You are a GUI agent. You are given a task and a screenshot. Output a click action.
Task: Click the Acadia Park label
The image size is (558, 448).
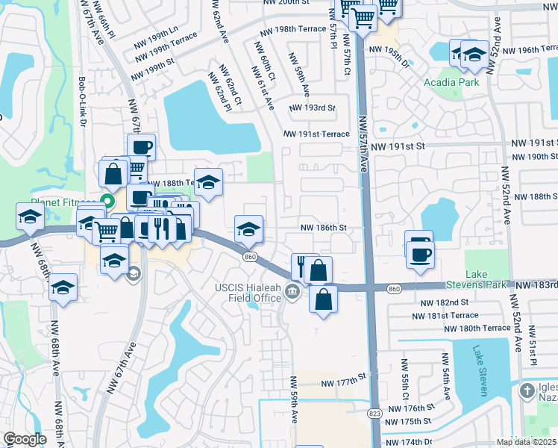tap(451, 82)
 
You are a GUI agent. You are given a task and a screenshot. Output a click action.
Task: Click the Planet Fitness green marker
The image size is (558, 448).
tap(107, 200)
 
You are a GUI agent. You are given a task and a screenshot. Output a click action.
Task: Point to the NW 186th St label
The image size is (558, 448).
tap(324, 227)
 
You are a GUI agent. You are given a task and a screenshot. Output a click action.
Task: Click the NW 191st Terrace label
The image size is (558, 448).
tap(316, 134)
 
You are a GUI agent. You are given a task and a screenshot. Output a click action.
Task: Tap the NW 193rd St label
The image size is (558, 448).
tap(311, 108)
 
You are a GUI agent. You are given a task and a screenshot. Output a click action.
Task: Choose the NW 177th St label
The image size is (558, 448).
tap(345, 383)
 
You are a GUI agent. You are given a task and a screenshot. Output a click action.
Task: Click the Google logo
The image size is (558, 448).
tap(25, 439)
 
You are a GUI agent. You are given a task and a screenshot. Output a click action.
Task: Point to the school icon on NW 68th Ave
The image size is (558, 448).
tap(63, 286)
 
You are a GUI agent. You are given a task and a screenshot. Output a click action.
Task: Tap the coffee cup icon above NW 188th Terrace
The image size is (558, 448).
tap(141, 146)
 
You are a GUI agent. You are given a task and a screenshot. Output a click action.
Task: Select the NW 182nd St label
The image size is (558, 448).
tap(445, 302)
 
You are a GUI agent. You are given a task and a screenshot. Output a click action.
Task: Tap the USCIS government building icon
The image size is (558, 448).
tap(292, 291)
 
